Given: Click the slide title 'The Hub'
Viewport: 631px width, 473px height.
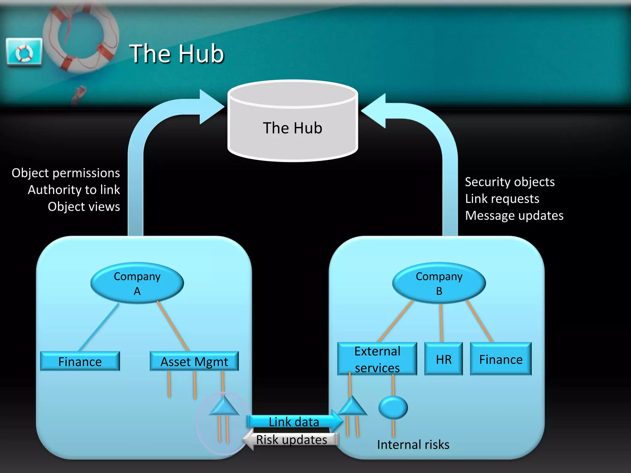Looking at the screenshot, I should tap(177, 54).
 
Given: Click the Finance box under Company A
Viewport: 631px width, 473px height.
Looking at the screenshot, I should tap(80, 362).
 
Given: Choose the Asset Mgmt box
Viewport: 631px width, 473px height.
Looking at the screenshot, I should tap(194, 362).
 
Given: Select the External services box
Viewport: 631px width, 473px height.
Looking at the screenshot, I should tap(377, 359).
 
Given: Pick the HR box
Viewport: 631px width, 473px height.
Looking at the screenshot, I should tap(443, 359).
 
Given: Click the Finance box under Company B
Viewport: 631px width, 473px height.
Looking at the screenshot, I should tap(501, 359).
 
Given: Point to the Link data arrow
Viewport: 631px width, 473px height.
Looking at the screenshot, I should tap(294, 422).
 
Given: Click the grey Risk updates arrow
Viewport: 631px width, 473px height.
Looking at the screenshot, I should tap(291, 440).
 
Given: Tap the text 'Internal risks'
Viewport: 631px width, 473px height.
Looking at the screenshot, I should tap(413, 445).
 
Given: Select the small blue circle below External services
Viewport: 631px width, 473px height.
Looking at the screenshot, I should tap(393, 407).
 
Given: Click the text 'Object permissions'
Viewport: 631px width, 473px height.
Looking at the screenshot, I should tap(66, 173).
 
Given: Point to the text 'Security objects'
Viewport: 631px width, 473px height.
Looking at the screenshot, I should tap(510, 182).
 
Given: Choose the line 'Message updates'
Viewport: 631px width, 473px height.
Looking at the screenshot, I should tap(514, 216).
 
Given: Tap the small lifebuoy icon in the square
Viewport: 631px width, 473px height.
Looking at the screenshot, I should tap(24, 52).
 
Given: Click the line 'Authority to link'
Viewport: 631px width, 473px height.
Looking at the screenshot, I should tap(74, 190).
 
